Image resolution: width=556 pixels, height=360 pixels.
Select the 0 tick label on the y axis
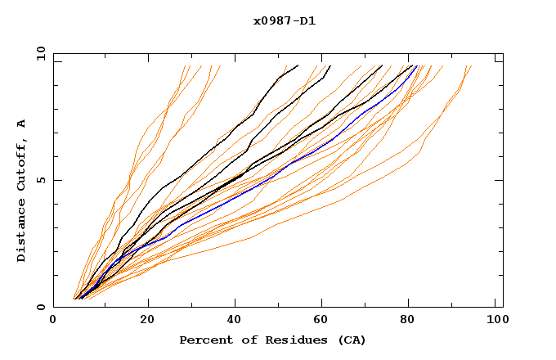coord(40,307)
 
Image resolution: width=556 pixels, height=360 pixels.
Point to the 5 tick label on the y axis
coord(40,180)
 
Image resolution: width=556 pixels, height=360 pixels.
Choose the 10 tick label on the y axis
coord(38,53)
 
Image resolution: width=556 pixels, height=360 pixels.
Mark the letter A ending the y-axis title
coord(21,124)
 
